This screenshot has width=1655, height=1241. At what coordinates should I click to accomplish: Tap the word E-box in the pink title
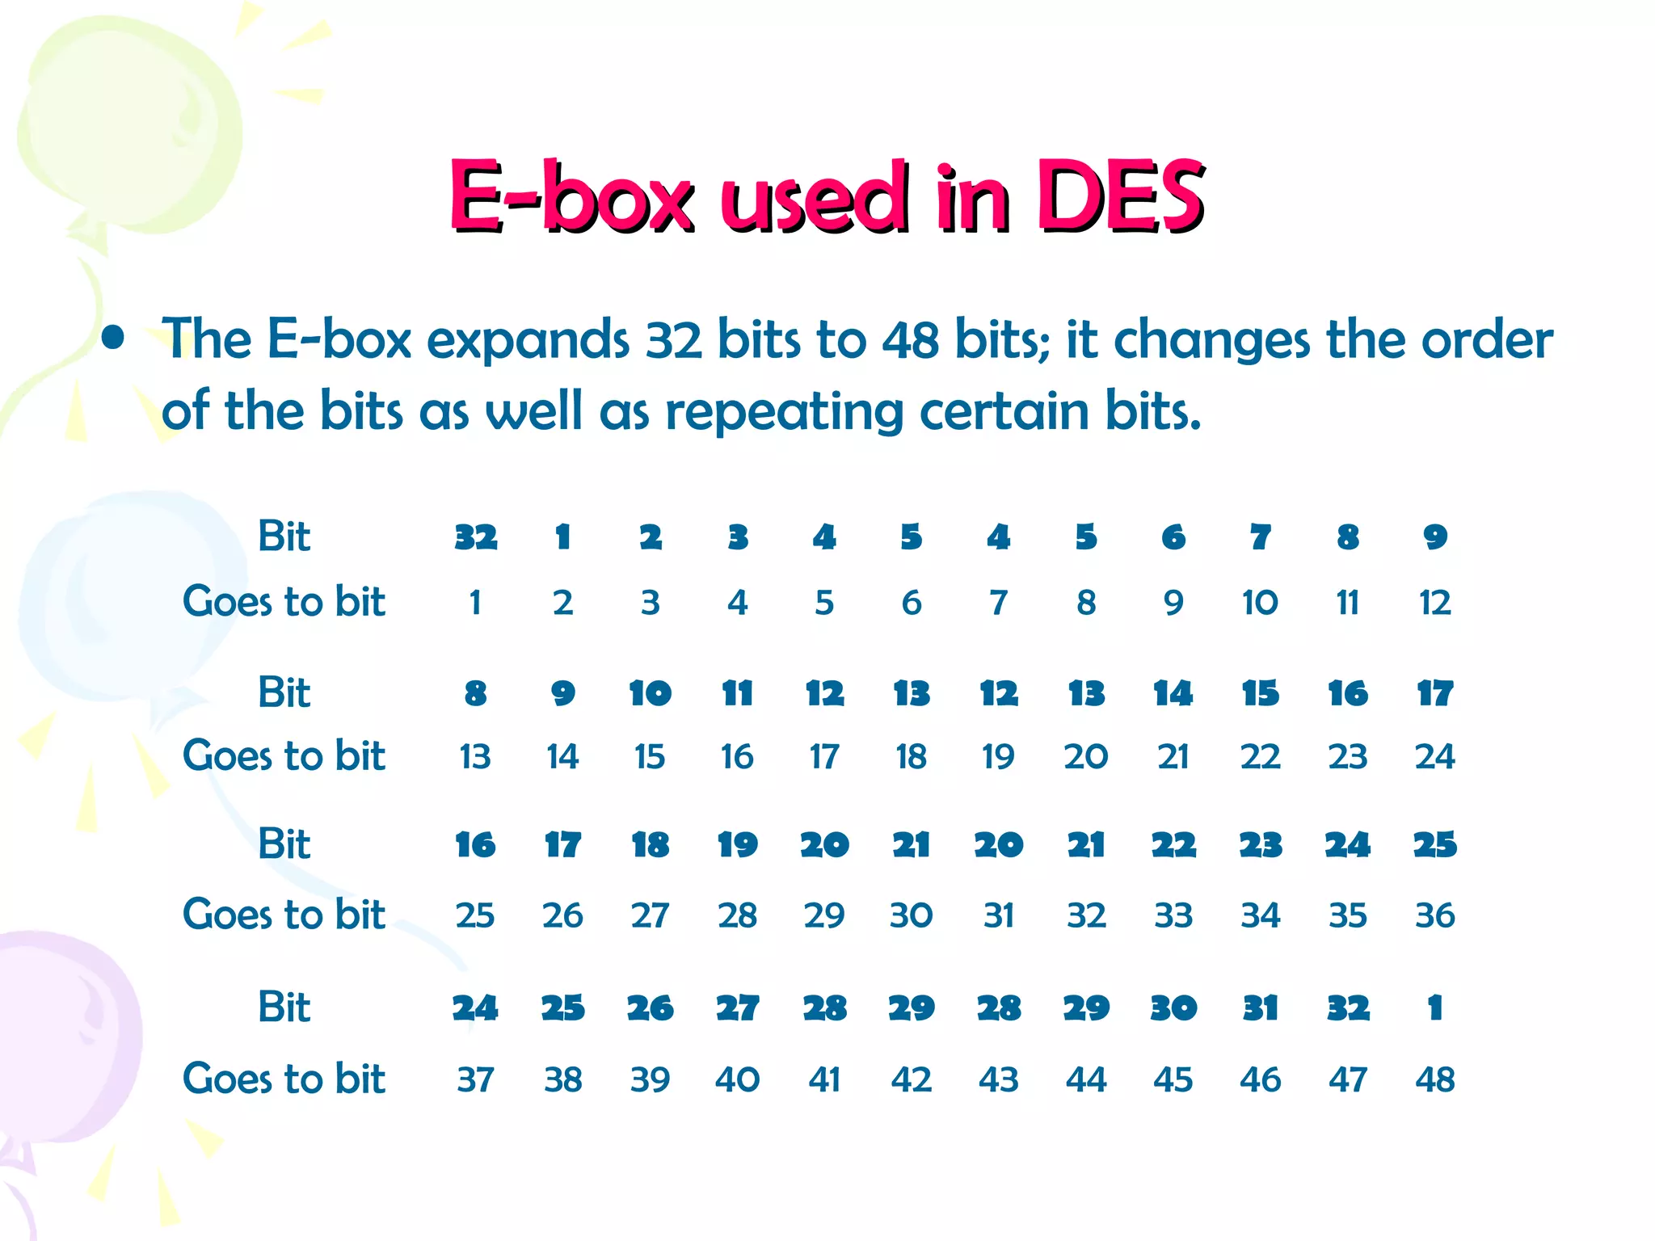click(x=571, y=196)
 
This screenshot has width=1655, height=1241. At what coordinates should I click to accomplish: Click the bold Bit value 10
click(x=650, y=693)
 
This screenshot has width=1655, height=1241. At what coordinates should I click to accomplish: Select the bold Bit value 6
click(x=1173, y=537)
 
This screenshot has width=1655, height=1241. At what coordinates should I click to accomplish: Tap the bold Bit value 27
click(x=737, y=1008)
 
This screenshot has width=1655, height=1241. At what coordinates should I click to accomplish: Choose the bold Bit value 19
click(x=737, y=845)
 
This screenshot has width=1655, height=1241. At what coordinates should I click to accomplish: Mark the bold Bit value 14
click(x=1173, y=693)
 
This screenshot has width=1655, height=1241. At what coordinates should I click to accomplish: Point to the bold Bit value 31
click(x=1260, y=1008)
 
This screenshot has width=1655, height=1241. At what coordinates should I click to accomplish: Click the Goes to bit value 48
click(x=1434, y=1079)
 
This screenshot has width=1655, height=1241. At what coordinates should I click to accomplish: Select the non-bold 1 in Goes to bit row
click(x=475, y=603)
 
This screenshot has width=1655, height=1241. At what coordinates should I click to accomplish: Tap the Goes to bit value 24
click(x=1434, y=757)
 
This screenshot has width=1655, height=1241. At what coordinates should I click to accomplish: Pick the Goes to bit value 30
click(x=911, y=915)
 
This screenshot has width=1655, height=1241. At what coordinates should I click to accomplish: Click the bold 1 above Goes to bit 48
click(x=1434, y=1008)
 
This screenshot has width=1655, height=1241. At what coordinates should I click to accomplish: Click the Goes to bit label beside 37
click(x=284, y=1079)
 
